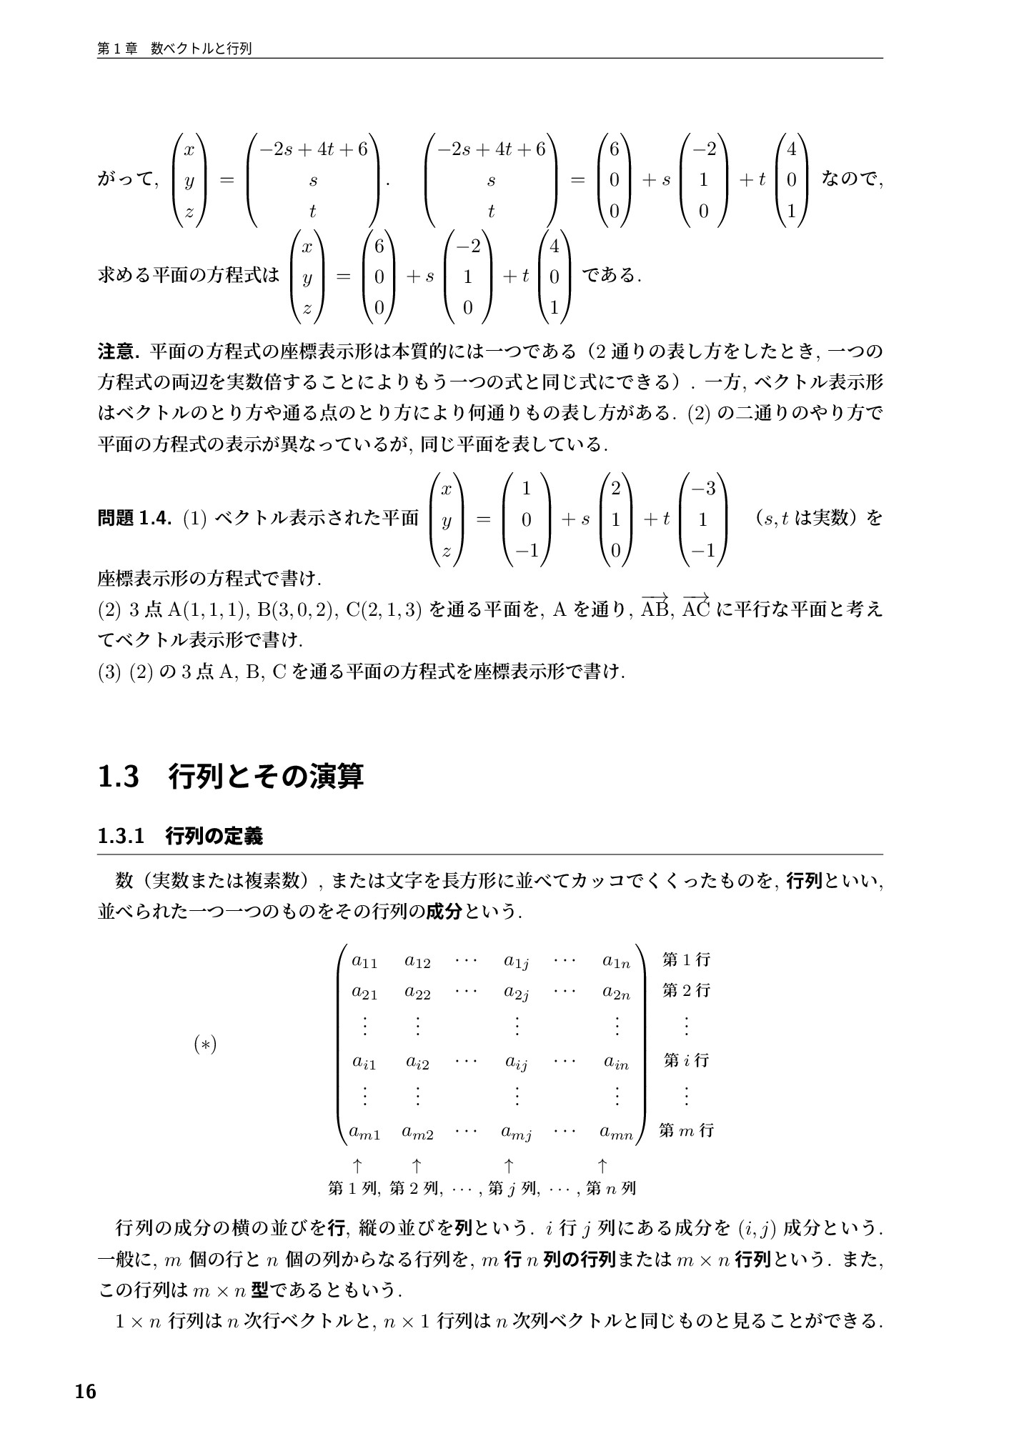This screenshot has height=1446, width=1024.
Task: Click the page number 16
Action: pyautogui.click(x=85, y=1392)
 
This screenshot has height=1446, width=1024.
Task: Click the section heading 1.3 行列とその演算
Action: pyautogui.click(x=231, y=777)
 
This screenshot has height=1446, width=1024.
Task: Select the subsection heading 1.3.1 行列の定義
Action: pyautogui.click(x=180, y=836)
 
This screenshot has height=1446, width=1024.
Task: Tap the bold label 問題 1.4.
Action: pyautogui.click(x=134, y=519)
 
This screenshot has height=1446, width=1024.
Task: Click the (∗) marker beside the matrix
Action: pyautogui.click(x=205, y=1044)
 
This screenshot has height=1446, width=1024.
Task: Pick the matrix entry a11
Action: pyautogui.click(x=364, y=962)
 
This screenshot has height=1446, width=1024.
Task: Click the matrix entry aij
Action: pyautogui.click(x=516, y=1063)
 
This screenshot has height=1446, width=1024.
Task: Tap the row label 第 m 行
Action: pyautogui.click(x=686, y=1130)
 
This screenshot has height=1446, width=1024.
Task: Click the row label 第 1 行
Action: pyautogui.click(x=686, y=959)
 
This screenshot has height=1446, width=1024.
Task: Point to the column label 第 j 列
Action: pyautogui.click(x=513, y=1189)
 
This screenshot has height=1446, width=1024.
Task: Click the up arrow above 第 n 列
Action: pyautogui.click(x=602, y=1166)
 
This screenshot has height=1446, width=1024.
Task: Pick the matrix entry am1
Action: pyautogui.click(x=364, y=1132)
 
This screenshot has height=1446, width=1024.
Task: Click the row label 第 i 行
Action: pyautogui.click(x=686, y=1060)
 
